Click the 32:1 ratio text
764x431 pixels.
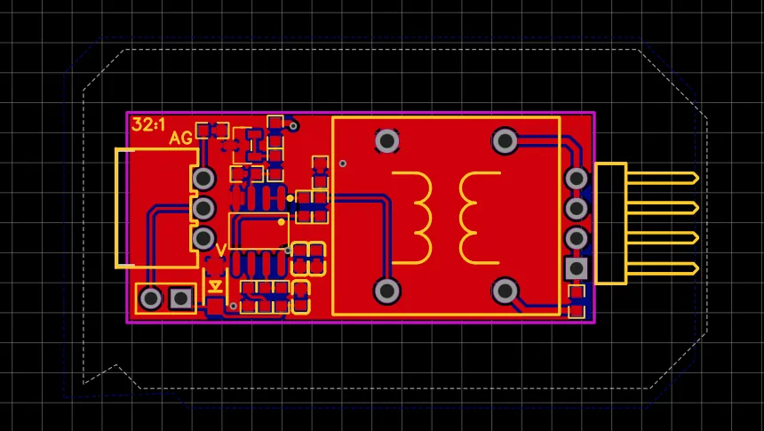[x=148, y=124]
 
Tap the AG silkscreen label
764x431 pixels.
[x=180, y=139]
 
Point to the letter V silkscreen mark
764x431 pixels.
[x=220, y=250]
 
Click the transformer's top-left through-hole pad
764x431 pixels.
[x=387, y=141]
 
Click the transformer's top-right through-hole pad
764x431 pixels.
[x=505, y=141]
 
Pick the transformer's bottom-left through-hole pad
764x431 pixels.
[x=387, y=291]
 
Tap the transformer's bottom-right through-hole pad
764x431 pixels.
[x=505, y=291]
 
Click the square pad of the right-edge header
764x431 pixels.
[x=576, y=268]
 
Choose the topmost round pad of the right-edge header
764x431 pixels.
[x=576, y=179]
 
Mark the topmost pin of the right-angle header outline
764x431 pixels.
[x=663, y=179]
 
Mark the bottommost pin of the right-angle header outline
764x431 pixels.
[x=663, y=268]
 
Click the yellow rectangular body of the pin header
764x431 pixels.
[x=610, y=223]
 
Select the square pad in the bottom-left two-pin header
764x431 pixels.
[x=180, y=299]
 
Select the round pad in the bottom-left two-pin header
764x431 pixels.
[x=150, y=299]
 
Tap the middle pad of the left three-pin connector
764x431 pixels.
[x=203, y=209]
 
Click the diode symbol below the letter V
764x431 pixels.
[x=215, y=286]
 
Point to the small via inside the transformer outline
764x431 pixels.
[x=343, y=164]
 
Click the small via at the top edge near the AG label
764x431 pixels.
[x=293, y=126]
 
